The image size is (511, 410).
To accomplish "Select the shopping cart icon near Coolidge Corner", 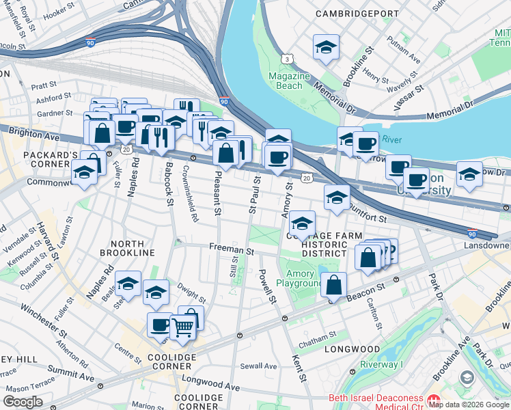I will click(182, 328).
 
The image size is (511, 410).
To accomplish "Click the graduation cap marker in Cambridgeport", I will click(326, 48).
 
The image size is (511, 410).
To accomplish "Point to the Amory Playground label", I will click(300, 278).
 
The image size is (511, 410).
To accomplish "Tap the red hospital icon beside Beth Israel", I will click(432, 398).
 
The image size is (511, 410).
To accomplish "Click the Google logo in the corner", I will click(23, 402).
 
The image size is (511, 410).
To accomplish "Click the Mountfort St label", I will click(367, 212).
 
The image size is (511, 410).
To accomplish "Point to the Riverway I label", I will click(383, 364).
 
